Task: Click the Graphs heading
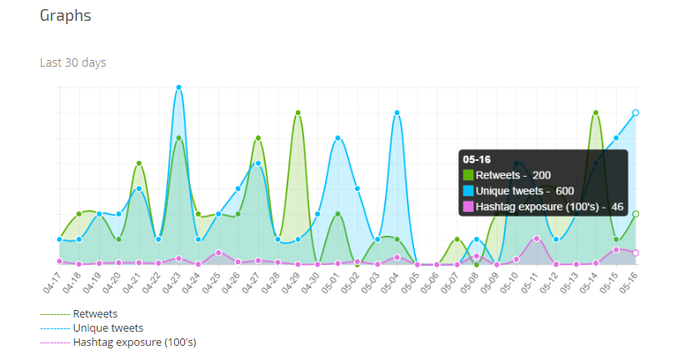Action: (66, 16)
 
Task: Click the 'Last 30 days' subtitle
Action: (73, 62)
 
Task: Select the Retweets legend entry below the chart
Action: (95, 314)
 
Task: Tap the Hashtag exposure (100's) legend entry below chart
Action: (134, 342)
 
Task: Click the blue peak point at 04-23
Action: (178, 87)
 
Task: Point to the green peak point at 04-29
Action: (298, 112)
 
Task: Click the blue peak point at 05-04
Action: (397, 112)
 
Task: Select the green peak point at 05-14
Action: (596, 112)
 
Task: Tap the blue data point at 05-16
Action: (636, 112)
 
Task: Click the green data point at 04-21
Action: (138, 163)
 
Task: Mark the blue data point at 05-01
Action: (338, 138)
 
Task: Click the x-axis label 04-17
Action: (53, 283)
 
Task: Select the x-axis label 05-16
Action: (629, 283)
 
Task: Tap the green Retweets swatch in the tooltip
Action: (468, 175)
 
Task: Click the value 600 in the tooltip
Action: (565, 191)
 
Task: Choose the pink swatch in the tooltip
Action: (468, 207)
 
